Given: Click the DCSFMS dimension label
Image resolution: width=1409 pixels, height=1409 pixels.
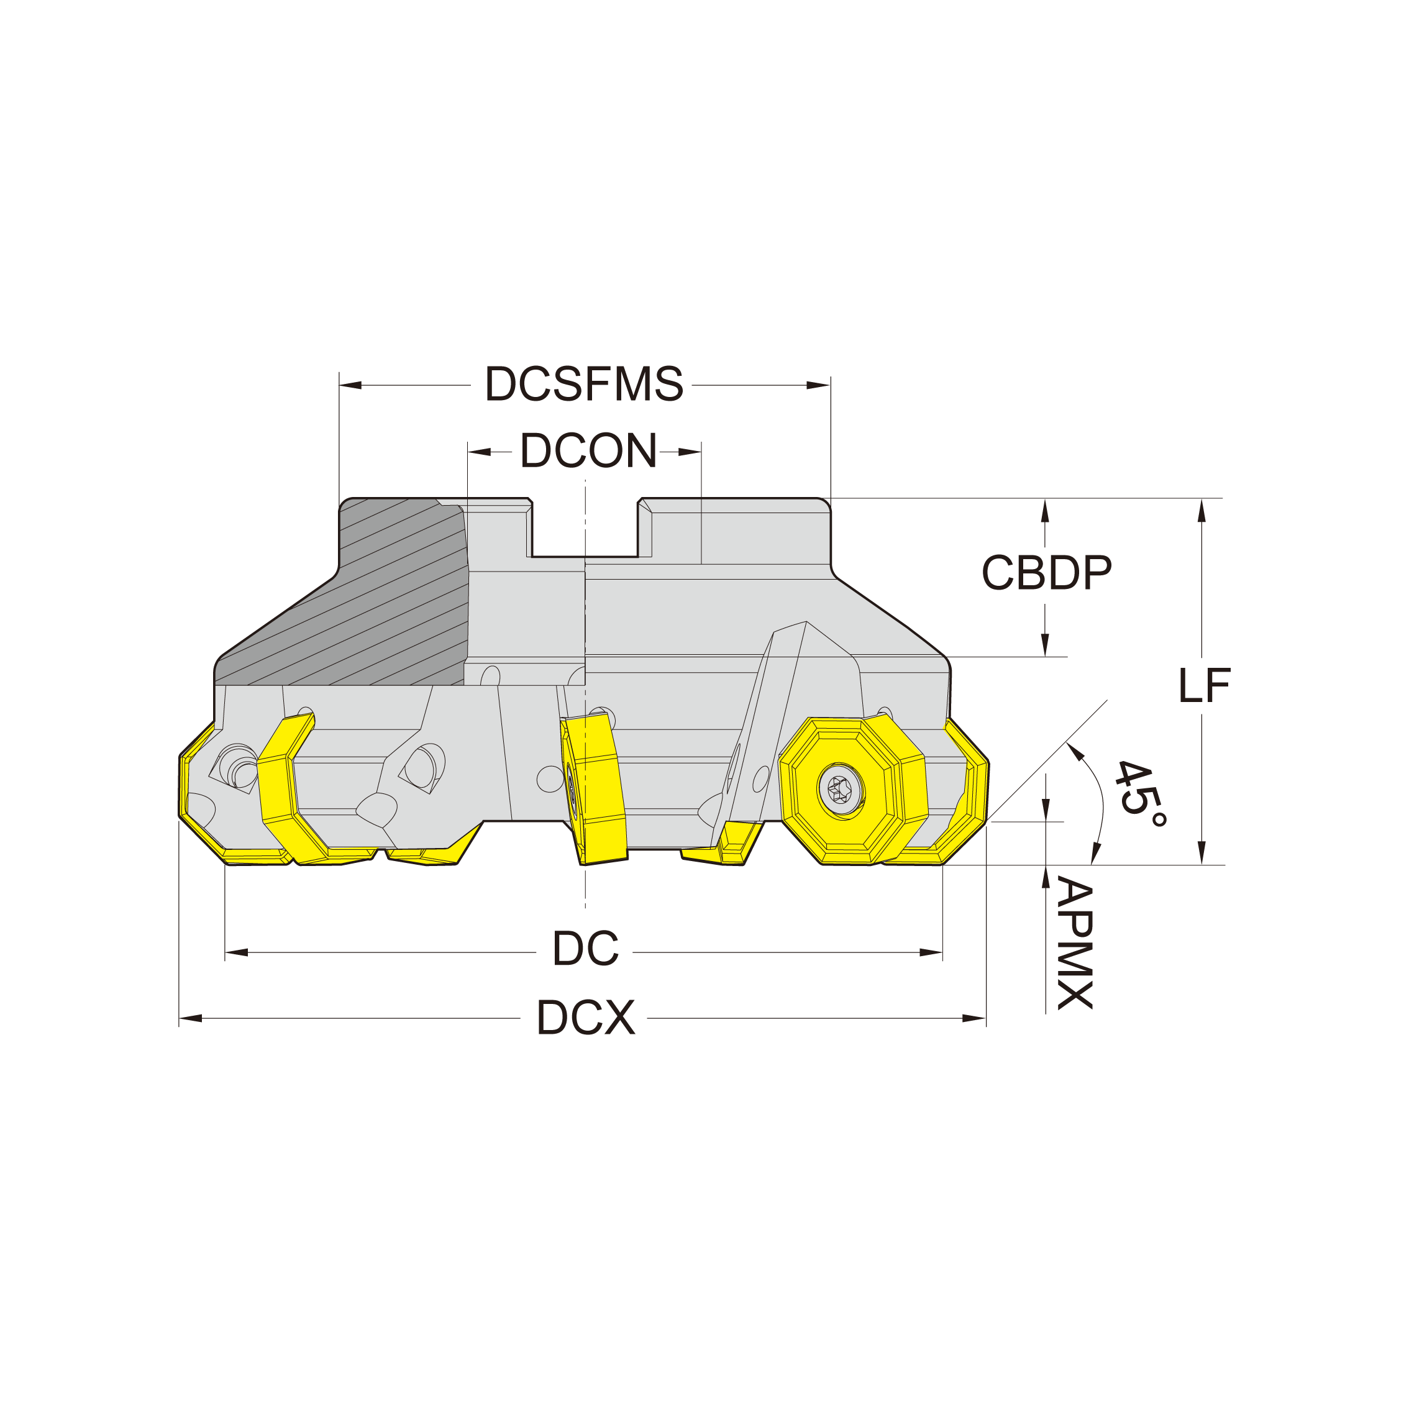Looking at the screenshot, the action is click(x=584, y=383).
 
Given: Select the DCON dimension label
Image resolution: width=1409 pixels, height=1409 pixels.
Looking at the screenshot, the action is click(x=588, y=450).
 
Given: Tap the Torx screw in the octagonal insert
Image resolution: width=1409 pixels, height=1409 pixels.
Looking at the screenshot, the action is click(x=840, y=788).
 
